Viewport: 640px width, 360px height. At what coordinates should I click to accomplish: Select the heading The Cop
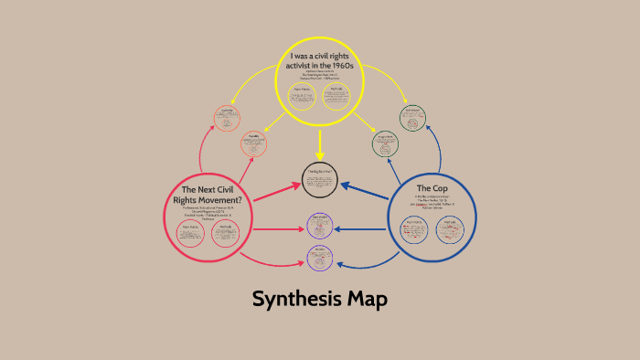click(431, 188)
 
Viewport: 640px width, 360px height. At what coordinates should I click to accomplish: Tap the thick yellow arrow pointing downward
click(320, 146)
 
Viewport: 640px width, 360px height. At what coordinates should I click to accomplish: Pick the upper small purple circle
click(320, 225)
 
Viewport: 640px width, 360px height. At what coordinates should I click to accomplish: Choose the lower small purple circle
click(320, 257)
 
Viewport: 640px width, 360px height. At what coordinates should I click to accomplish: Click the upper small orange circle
click(227, 118)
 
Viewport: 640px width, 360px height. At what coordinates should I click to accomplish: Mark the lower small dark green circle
click(386, 143)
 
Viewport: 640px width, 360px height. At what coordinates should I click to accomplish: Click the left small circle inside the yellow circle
click(302, 96)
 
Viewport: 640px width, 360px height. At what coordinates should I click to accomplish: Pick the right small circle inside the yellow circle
click(337, 96)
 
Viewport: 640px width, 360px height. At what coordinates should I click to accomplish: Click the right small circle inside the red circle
click(225, 233)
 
